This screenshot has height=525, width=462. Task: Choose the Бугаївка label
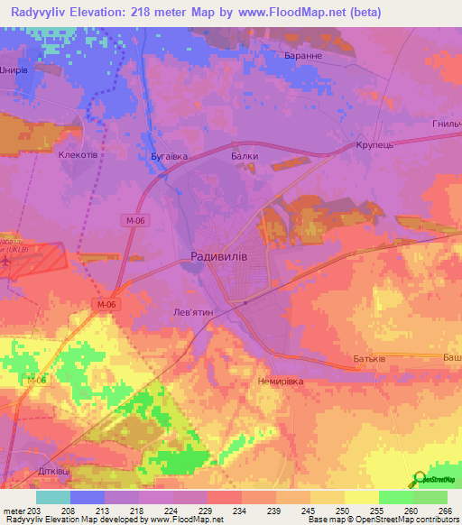169,156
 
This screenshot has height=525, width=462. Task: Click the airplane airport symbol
7,260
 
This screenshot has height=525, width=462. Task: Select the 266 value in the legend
444,510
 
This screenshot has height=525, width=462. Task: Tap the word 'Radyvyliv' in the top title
44,12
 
